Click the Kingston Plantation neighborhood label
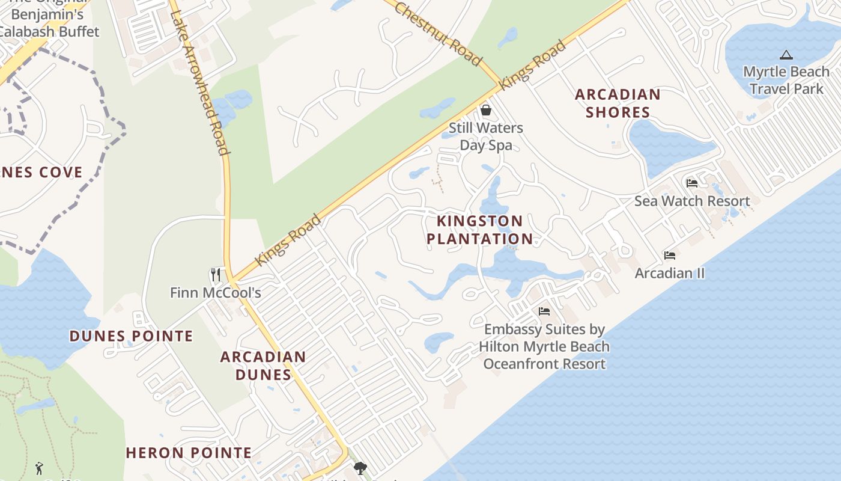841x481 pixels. [479, 230]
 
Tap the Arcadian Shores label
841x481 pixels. [618, 103]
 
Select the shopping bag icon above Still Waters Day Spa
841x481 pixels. [486, 110]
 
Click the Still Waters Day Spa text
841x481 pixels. [486, 136]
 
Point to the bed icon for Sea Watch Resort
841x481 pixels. [692, 183]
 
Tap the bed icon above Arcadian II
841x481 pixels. [670, 256]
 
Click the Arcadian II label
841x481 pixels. [670, 273]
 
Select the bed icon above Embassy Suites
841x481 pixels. [544, 311]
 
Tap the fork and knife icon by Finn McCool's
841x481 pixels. [216, 275]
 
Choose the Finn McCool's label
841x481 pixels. [216, 293]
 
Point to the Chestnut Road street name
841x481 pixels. [439, 33]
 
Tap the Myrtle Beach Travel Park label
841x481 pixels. [786, 81]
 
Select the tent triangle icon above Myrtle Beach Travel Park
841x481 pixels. [786, 55]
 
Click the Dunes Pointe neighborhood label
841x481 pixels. [132, 335]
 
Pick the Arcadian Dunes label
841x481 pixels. [263, 365]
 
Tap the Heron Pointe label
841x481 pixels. [189, 453]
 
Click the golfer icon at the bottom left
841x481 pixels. [40, 468]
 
